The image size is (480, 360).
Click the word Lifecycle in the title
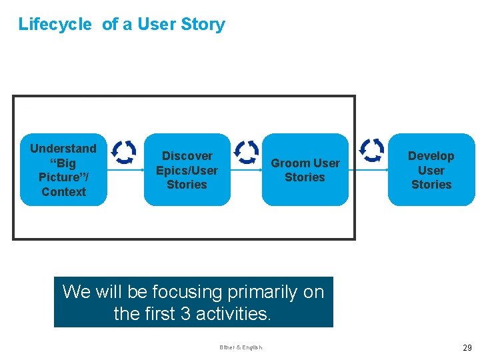tap(55, 25)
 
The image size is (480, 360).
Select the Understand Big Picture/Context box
tap(63, 169)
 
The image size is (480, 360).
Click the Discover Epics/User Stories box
tap(187, 169)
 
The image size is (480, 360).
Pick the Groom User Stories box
tap(305, 169)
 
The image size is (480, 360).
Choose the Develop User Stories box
tap(431, 169)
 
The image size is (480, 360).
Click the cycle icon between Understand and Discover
tap(123, 152)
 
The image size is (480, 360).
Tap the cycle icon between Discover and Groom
tap(247, 152)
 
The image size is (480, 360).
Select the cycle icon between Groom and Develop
tap(371, 151)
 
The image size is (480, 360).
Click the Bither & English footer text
tap(241, 347)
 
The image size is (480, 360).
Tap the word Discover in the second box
tap(187, 156)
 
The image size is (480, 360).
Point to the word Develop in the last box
tap(431, 156)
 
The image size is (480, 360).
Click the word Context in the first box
tap(63, 192)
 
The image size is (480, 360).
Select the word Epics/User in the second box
tap(187, 170)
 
